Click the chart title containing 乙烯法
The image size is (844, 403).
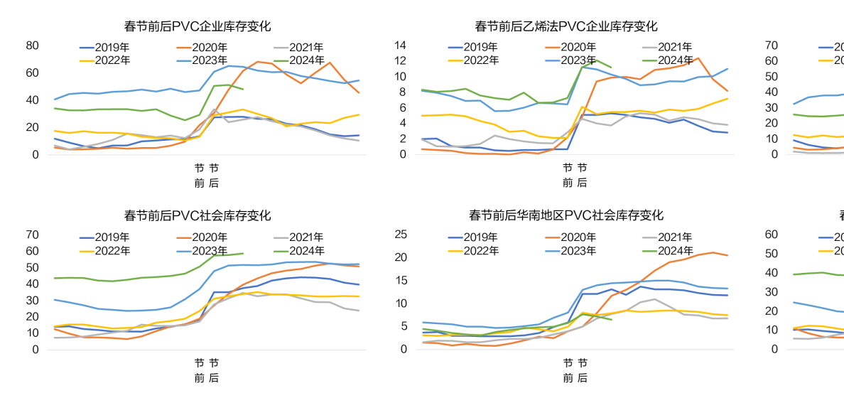coord(566,26)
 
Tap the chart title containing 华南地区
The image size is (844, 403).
coord(566,215)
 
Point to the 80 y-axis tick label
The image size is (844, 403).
coord(32,45)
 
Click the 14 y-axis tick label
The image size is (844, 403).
coord(399,45)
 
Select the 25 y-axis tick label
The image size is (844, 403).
coord(400,235)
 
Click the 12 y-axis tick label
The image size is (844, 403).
coord(399,61)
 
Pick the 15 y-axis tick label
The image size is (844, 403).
coord(400,280)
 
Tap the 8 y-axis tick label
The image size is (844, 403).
coord(402,92)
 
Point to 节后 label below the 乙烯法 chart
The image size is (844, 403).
coord(582,175)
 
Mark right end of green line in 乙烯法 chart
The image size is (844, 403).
coord(611,68)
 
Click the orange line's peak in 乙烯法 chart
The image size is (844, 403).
coord(698,58)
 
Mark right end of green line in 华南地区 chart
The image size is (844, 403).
coord(611,319)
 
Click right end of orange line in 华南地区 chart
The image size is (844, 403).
coord(727,255)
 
